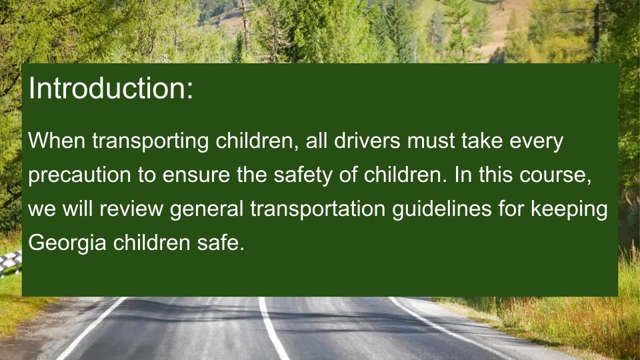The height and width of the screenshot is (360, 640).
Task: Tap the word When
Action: tap(57, 141)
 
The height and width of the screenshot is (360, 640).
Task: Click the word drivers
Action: tap(367, 141)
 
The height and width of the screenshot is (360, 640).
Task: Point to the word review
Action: tap(131, 209)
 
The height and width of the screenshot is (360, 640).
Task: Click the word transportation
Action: tap(318, 209)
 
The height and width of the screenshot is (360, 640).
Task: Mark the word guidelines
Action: tap(442, 209)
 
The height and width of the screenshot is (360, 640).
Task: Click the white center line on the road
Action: tap(273, 328)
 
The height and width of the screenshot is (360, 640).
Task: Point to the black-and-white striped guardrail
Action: tap(10, 263)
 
